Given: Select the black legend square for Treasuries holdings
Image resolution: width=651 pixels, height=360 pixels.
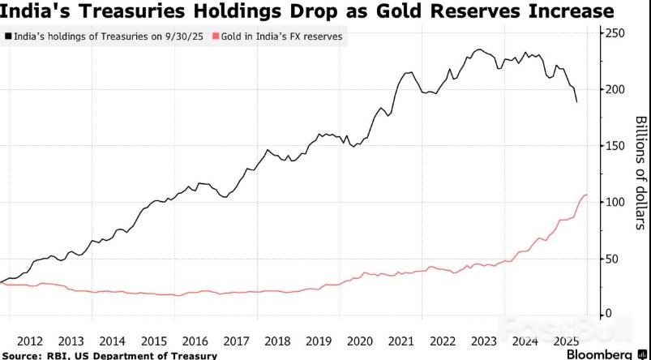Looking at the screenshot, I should click(8, 37).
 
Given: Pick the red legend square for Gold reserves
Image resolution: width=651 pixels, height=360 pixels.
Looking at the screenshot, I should click(214, 37).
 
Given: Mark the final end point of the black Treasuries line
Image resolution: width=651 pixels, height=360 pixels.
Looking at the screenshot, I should click(576, 102).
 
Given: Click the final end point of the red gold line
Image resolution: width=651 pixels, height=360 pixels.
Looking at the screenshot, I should click(587, 195).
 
